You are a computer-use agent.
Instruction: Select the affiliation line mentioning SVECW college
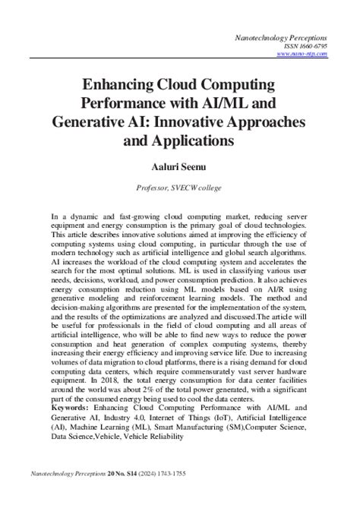coord(179,187)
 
